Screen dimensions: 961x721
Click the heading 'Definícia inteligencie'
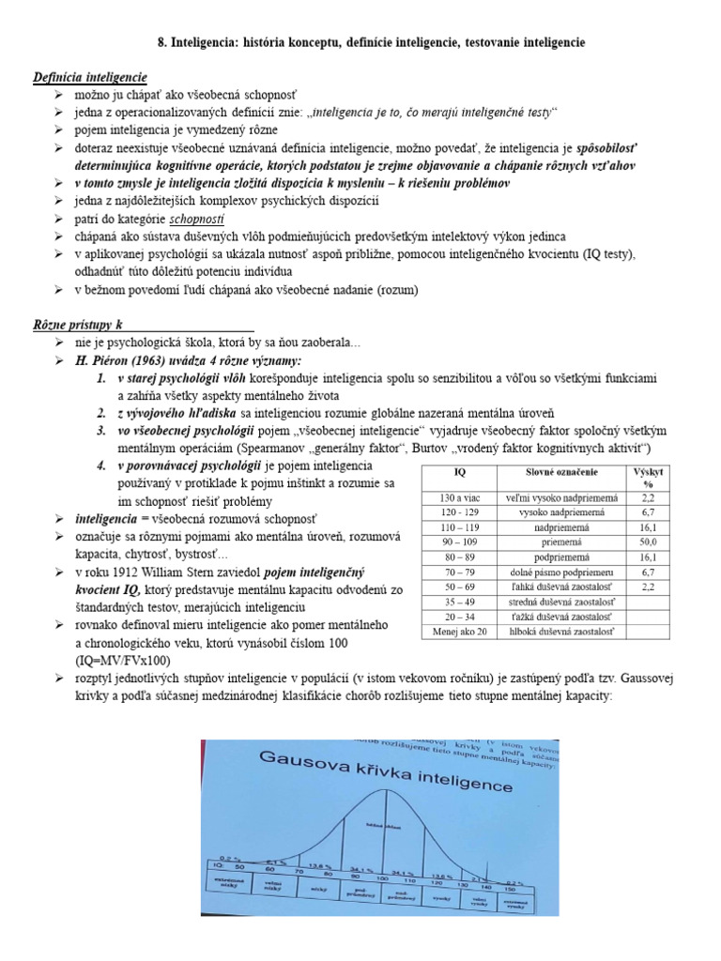[x=90, y=77]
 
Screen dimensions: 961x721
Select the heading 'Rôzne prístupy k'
[x=79, y=325]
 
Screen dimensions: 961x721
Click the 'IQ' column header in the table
[x=459, y=471]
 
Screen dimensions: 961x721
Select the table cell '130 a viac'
[x=459, y=497]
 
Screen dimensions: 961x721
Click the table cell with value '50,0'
[x=648, y=542]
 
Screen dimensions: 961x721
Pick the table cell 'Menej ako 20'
[x=459, y=633]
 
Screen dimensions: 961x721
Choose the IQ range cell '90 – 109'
[x=459, y=542]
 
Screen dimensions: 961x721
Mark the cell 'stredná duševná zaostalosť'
[x=564, y=603]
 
